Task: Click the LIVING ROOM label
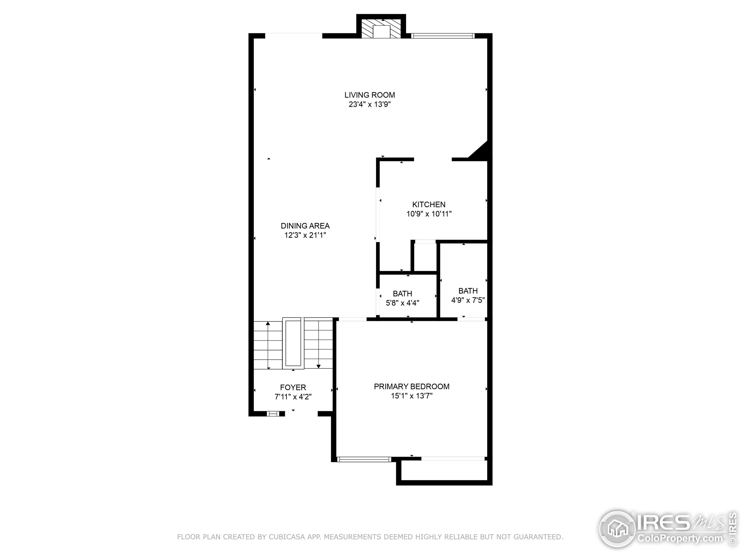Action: click(370, 95)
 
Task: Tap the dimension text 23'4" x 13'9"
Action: click(370, 104)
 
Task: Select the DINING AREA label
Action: click(305, 226)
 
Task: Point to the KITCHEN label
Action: click(428, 204)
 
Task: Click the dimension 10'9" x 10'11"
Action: click(429, 213)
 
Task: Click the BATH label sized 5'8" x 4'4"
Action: click(402, 293)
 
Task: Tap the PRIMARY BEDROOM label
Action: click(411, 386)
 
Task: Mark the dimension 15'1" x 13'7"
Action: click(411, 396)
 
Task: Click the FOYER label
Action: click(293, 387)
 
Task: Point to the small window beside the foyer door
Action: click(273, 414)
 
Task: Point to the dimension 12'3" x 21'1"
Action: click(305, 235)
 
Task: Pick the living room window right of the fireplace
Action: click(442, 36)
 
